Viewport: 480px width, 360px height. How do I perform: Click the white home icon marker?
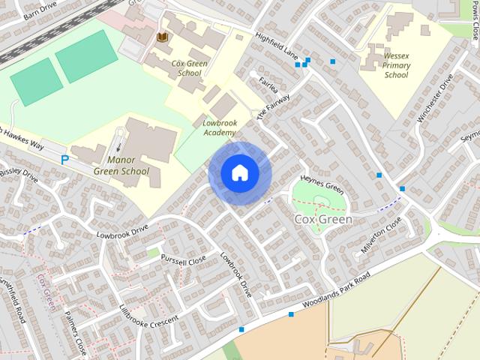[x=239, y=172]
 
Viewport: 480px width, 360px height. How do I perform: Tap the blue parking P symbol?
[x=64, y=160]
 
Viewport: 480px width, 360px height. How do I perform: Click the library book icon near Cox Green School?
[x=162, y=37]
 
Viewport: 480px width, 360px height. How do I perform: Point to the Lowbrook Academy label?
[x=219, y=127]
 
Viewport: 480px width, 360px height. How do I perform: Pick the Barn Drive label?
[x=40, y=10]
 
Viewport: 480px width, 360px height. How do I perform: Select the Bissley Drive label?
[x=19, y=175]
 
